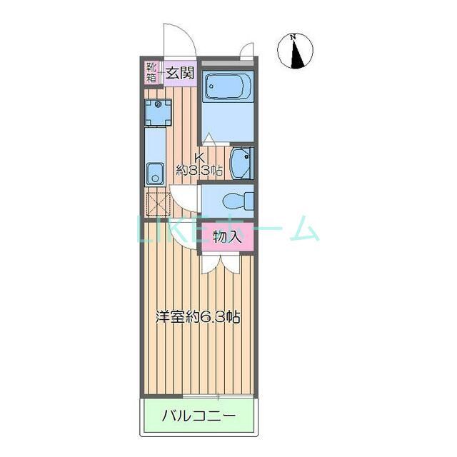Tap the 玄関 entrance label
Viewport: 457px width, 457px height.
(x=181, y=72)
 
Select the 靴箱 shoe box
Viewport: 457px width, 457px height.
(x=151, y=72)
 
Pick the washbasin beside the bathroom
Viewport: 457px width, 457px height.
(x=242, y=164)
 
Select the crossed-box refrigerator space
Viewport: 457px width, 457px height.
(x=156, y=202)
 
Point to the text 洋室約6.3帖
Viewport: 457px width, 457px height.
(x=198, y=317)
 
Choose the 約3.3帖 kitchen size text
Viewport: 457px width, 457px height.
(x=200, y=170)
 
